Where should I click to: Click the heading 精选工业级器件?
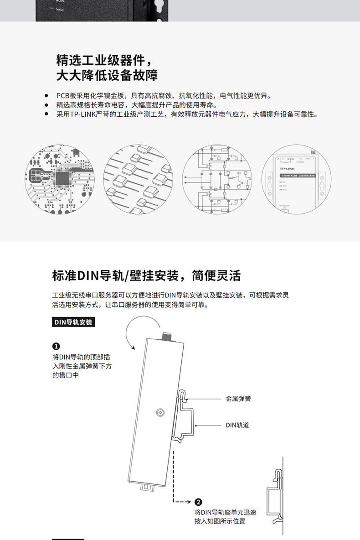click(103, 60)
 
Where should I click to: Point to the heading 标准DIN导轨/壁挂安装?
click(146, 276)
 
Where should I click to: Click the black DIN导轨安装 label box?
click(74, 322)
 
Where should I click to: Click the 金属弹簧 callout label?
click(238, 399)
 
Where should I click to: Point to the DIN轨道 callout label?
click(237, 425)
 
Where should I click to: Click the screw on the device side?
click(160, 412)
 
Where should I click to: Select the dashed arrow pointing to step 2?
click(182, 502)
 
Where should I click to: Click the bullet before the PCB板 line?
click(46, 96)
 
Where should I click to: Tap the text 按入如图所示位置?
click(220, 521)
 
